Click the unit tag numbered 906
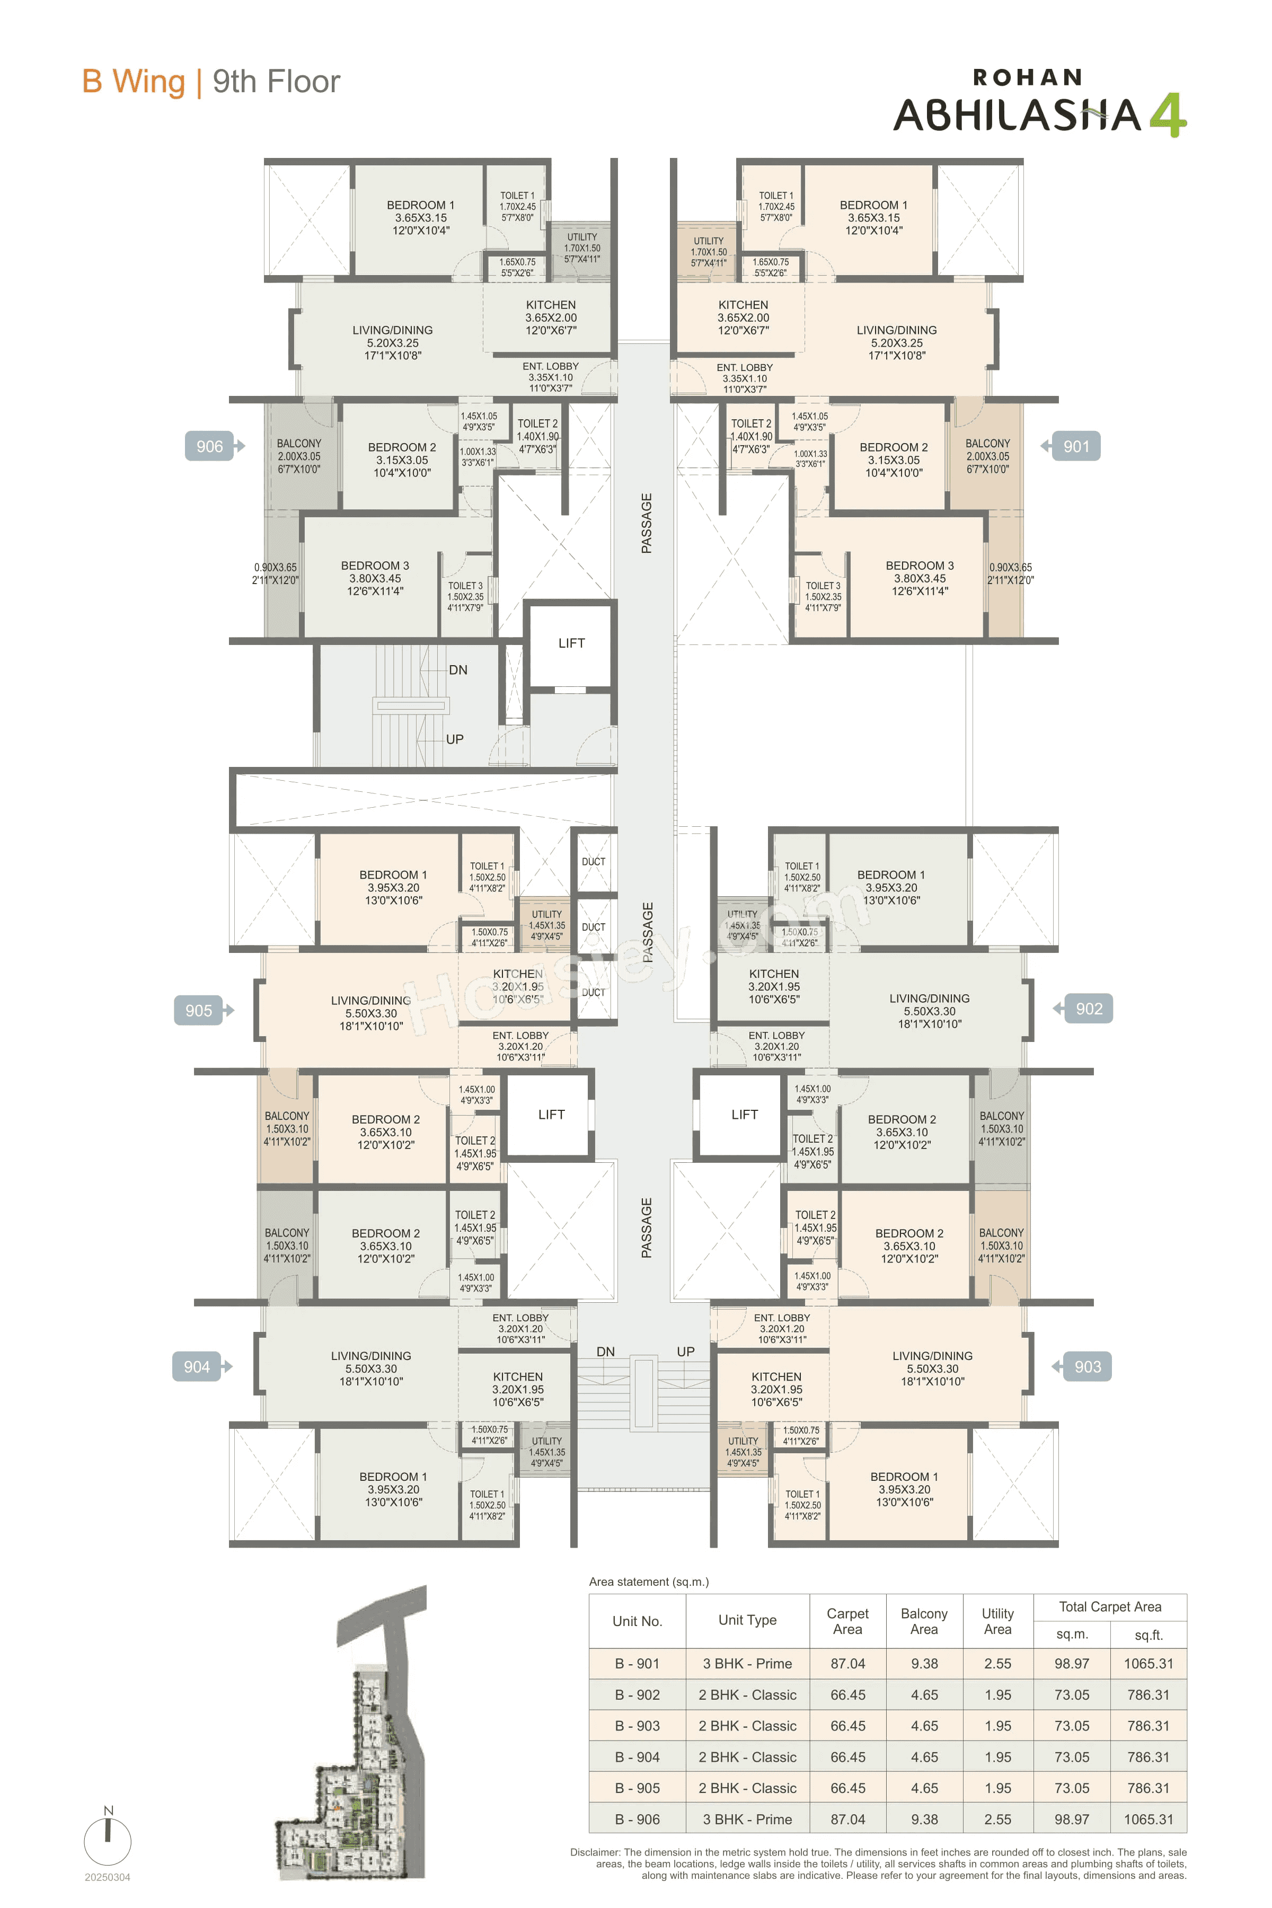(x=209, y=446)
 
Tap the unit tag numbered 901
(x=1076, y=446)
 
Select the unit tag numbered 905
(x=199, y=1011)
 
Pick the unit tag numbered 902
(x=1088, y=1009)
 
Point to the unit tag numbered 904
(x=197, y=1367)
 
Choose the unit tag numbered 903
(x=1087, y=1367)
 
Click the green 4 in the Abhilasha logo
(x=1168, y=115)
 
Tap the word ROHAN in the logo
(x=1027, y=78)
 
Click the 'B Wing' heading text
(x=134, y=82)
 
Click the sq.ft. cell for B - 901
(x=1148, y=1664)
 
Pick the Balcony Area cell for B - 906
(x=924, y=1819)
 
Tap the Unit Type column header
(x=747, y=1620)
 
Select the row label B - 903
(x=637, y=1726)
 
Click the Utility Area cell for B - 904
(x=997, y=1757)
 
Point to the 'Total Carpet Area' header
(x=1110, y=1607)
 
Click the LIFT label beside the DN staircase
(x=571, y=643)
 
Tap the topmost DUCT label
(x=593, y=862)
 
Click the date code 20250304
(x=107, y=1877)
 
